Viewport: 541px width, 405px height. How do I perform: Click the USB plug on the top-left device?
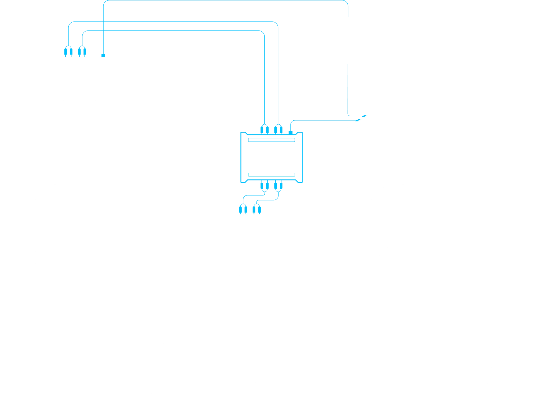pos(103,54)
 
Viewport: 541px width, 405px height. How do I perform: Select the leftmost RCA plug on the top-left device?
pos(68,51)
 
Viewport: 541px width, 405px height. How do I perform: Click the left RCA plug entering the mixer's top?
pos(243,208)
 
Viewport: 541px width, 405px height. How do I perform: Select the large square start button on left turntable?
pos(177,382)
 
